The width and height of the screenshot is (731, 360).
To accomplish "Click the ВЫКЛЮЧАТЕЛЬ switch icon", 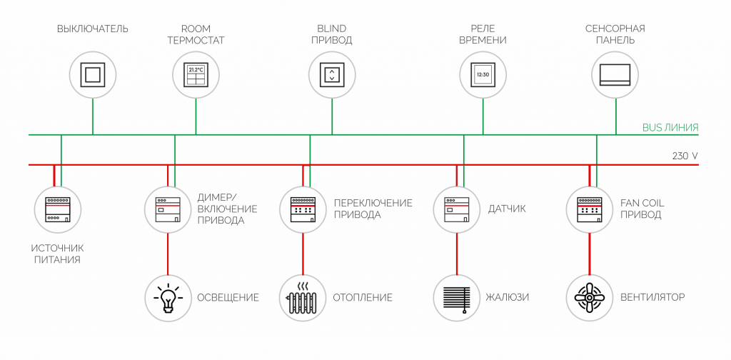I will (93, 74).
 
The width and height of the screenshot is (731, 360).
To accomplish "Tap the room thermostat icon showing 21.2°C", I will (196, 74).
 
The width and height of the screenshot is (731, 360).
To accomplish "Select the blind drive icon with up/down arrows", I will (332, 74).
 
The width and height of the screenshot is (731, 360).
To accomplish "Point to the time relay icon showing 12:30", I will (483, 74).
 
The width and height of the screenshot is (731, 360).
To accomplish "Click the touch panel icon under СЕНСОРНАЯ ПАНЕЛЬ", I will (615, 74).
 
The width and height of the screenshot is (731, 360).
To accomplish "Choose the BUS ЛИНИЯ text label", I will (670, 127).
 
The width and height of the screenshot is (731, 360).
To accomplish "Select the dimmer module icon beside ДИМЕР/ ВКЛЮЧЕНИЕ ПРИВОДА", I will (168, 209).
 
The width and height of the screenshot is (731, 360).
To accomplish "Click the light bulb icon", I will (168, 297).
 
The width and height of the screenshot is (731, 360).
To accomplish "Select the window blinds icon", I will (457, 297).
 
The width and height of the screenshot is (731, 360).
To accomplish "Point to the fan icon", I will (590, 297).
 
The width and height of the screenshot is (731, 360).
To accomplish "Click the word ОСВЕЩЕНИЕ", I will (228, 297).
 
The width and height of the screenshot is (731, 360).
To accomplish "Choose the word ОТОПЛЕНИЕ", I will (363, 297).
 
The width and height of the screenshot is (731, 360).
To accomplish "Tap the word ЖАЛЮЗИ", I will (508, 297).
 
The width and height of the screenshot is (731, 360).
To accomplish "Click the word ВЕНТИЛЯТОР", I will (652, 297).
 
